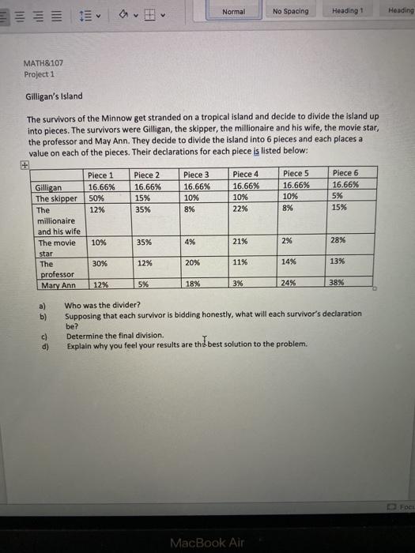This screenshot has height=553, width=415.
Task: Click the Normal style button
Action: pos(234,11)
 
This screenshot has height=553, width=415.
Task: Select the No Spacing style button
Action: pos(291,11)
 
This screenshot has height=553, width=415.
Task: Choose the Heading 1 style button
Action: pos(350,11)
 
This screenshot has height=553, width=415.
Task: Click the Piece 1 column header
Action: pos(100,175)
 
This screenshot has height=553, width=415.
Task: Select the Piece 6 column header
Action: pos(345,172)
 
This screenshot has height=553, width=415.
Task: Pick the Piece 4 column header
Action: pos(246,174)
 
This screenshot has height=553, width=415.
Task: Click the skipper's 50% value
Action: pos(97,198)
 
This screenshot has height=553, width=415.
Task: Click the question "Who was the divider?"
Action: pos(103,305)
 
